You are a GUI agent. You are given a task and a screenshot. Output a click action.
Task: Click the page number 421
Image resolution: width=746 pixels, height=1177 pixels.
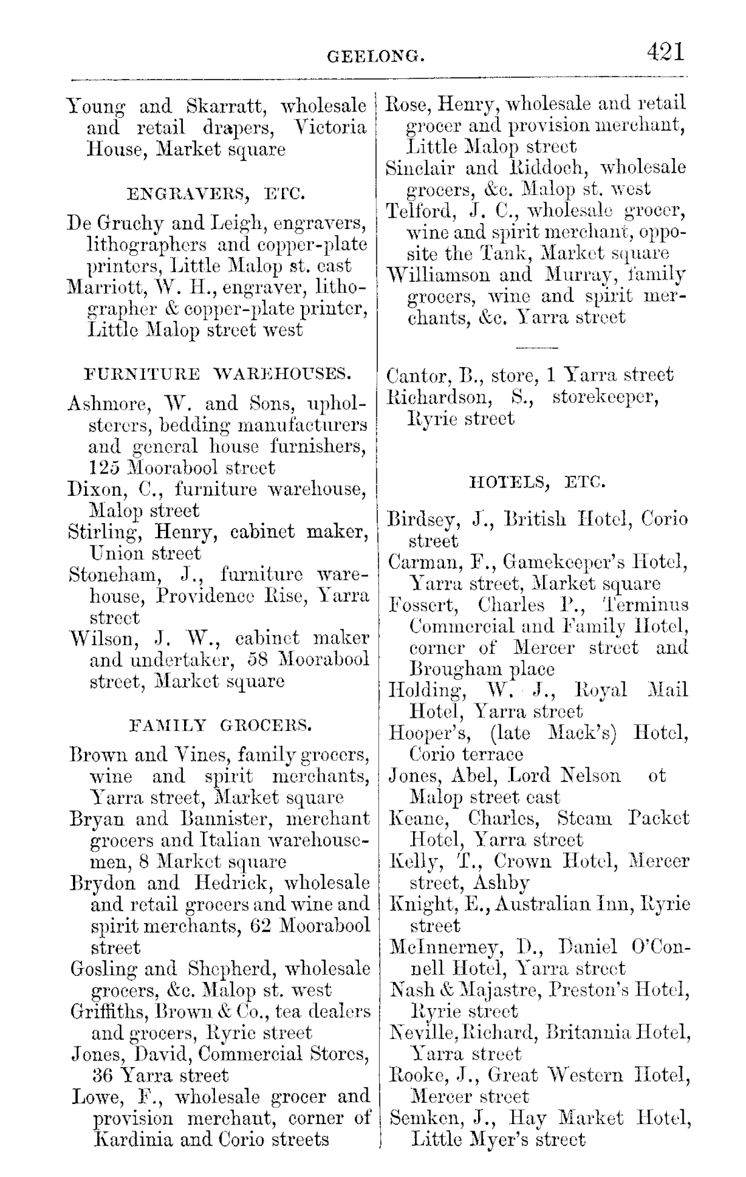click(666, 52)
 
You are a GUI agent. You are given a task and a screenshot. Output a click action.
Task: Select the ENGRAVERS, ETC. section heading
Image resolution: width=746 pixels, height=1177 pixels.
click(216, 195)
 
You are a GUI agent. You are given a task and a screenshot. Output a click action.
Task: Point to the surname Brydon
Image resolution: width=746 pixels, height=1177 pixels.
click(98, 883)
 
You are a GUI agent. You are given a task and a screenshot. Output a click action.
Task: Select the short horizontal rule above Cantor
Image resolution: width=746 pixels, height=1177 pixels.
click(537, 348)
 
